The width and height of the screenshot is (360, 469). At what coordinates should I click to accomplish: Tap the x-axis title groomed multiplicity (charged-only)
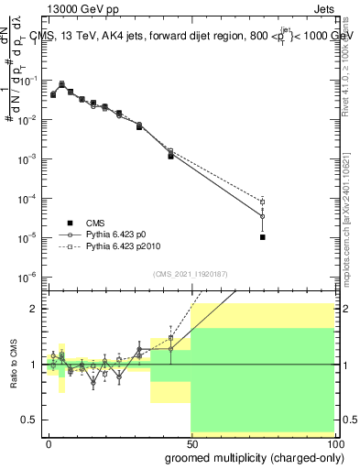point(241,456)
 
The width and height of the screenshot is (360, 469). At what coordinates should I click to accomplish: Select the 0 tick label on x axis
point(49,442)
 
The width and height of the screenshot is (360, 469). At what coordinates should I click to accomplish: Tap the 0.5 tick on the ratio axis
point(29,420)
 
